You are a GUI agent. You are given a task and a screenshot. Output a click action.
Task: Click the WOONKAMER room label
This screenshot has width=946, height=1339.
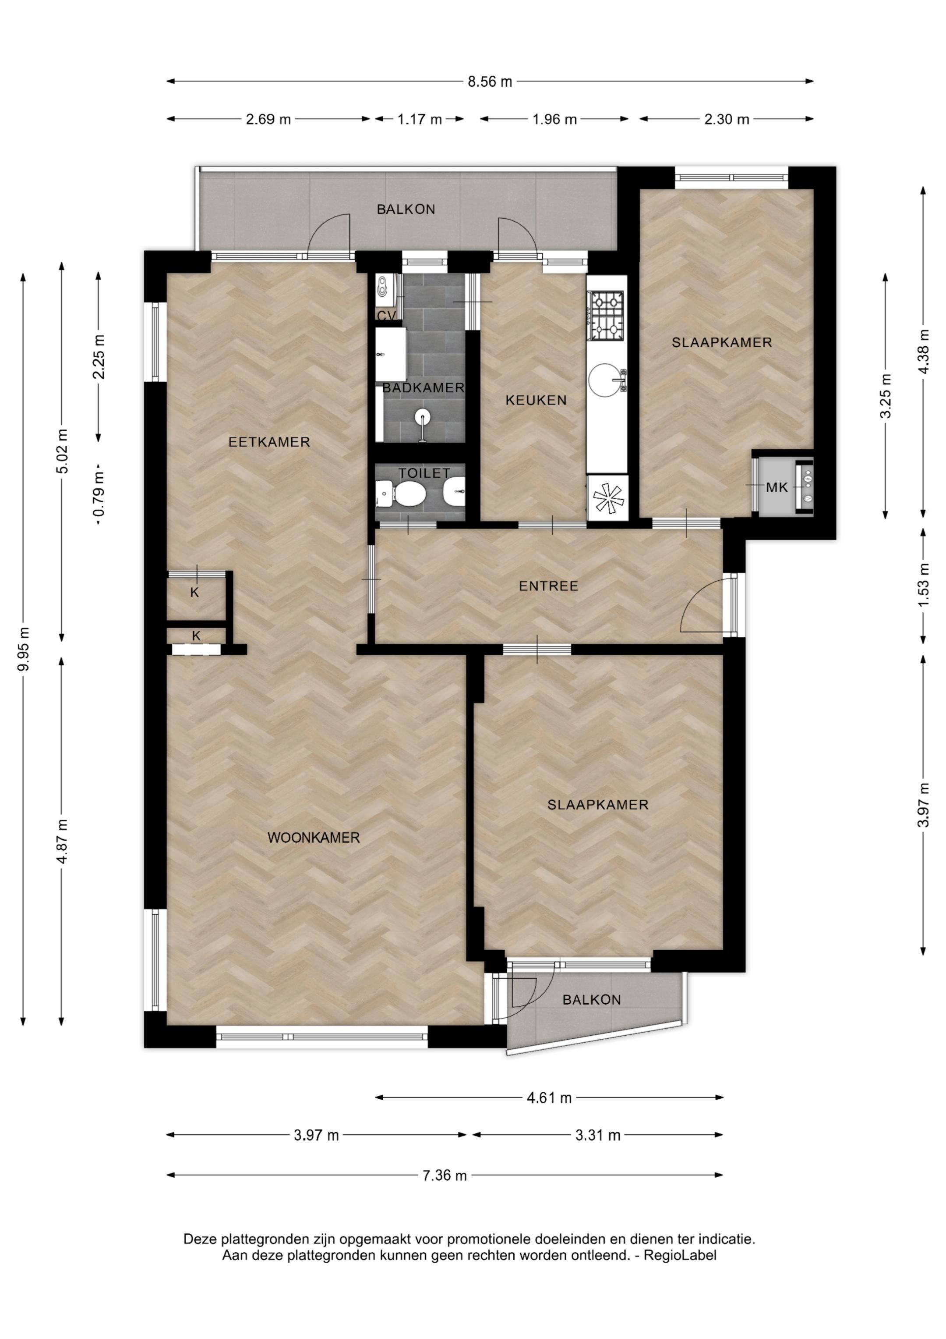(x=314, y=838)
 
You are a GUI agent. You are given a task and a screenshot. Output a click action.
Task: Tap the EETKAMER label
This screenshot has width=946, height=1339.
(x=269, y=442)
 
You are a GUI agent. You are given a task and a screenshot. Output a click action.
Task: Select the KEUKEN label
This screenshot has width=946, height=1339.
(x=536, y=400)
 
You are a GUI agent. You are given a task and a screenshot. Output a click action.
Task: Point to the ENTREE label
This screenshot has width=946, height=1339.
(x=548, y=586)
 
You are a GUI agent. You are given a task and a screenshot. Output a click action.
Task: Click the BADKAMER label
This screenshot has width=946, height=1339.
(x=423, y=388)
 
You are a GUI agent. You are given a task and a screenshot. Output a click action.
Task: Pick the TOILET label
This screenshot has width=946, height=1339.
(x=424, y=473)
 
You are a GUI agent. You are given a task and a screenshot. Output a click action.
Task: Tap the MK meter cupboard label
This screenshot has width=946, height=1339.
(x=777, y=487)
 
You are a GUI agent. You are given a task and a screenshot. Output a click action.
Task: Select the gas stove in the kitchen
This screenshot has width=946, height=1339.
(x=607, y=316)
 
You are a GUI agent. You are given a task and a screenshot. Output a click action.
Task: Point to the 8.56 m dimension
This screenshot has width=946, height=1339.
(x=490, y=82)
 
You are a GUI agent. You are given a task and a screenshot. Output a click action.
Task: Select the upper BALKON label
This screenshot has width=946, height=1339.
(x=406, y=210)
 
